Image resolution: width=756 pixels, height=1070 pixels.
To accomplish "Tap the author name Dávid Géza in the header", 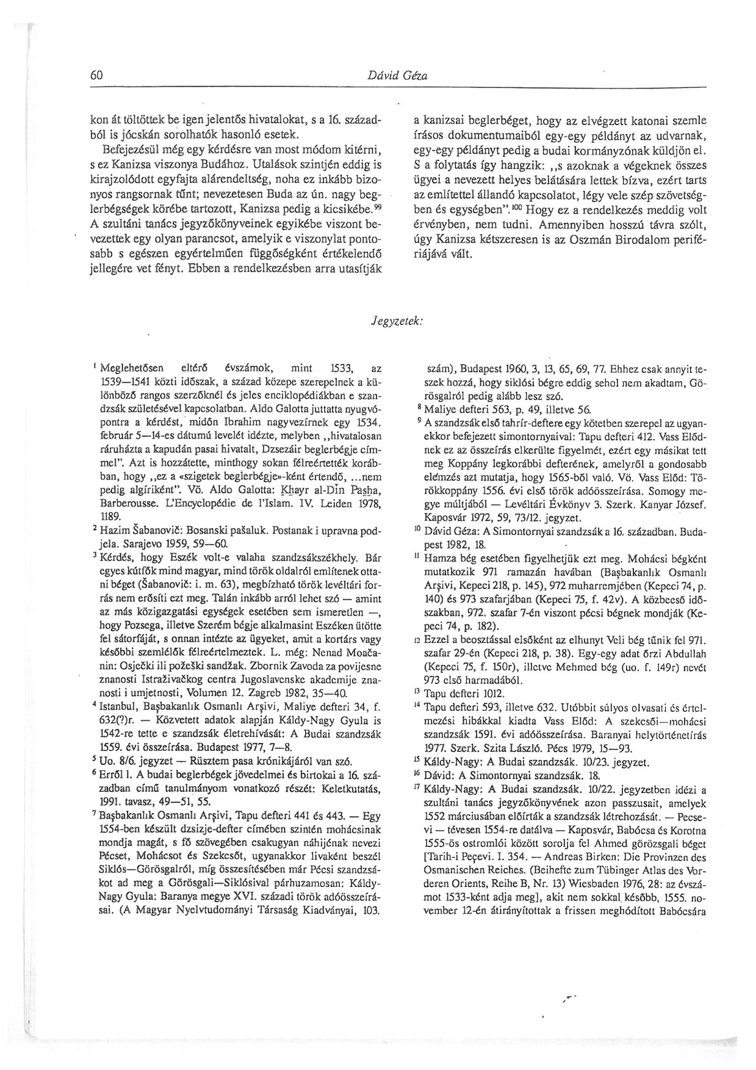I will click(x=397, y=76).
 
